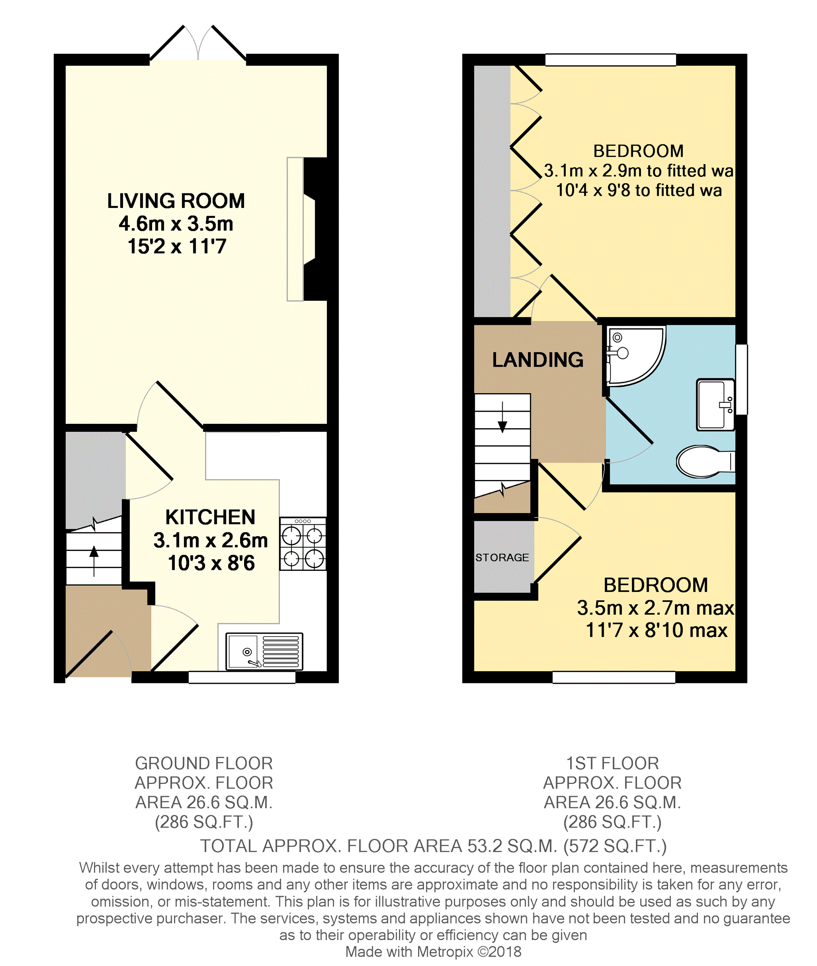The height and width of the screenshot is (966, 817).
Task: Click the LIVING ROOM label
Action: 176,201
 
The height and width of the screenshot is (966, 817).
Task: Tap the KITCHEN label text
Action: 210,517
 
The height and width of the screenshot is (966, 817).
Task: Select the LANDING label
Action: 538,360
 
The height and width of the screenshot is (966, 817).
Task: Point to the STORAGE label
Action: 502,557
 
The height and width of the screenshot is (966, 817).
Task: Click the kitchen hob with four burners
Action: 303,543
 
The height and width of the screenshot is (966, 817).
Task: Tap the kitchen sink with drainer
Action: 264,652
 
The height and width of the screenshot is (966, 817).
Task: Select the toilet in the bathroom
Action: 705,461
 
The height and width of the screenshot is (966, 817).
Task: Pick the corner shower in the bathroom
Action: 635,356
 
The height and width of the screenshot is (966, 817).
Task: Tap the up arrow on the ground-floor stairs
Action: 94,561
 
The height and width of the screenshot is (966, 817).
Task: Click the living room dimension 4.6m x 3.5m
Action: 176,224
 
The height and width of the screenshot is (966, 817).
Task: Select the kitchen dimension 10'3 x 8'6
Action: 211,563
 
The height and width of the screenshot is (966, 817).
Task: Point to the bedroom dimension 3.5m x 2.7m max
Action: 655,608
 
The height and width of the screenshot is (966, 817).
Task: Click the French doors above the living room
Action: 198,43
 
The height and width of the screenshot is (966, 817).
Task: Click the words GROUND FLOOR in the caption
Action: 204,763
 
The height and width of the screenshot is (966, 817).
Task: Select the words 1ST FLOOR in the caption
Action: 612,763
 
